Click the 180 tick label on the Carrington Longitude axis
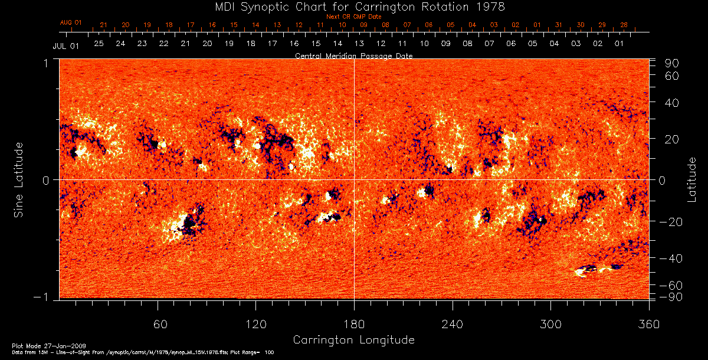tap(353, 324)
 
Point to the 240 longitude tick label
tap(453, 324)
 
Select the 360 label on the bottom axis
tap(649, 324)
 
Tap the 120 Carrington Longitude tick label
tap(255, 324)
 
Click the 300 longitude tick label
tap(550, 324)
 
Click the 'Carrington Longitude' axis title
tap(353, 340)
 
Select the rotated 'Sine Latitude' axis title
tap(19, 179)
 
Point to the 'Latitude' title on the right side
tap(692, 179)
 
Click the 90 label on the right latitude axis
tap(674, 63)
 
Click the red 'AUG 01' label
tap(70, 23)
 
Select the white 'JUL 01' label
tap(65, 45)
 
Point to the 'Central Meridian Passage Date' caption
tap(353, 55)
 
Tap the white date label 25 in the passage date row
tap(99, 44)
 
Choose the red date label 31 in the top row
tap(558, 25)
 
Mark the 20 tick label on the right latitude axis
tap(674, 139)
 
